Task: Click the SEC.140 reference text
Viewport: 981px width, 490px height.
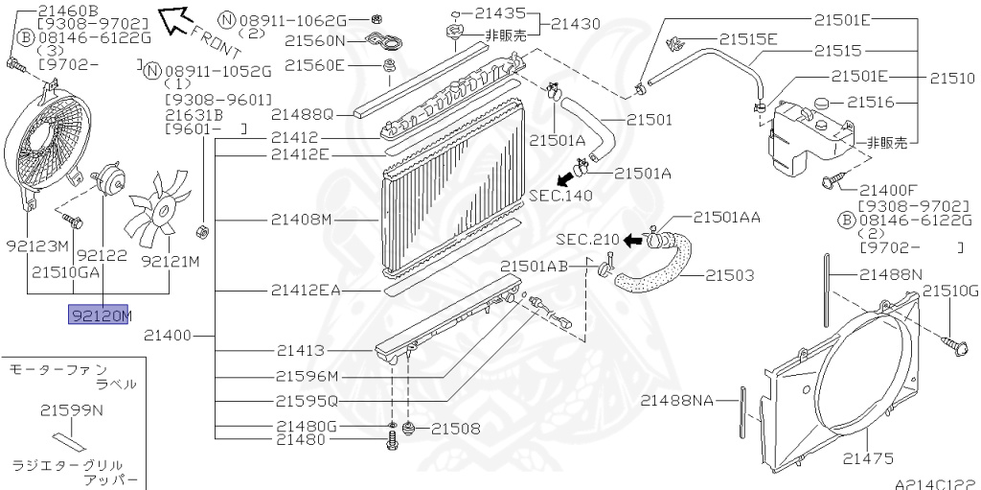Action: pyautogui.click(x=560, y=195)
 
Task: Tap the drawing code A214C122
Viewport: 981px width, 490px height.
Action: pyautogui.click(x=934, y=482)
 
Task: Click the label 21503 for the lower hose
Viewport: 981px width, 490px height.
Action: pyautogui.click(x=730, y=275)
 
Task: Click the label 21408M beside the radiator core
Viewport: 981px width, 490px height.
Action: pyautogui.click(x=301, y=220)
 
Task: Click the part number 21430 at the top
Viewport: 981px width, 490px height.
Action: pyautogui.click(x=583, y=23)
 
